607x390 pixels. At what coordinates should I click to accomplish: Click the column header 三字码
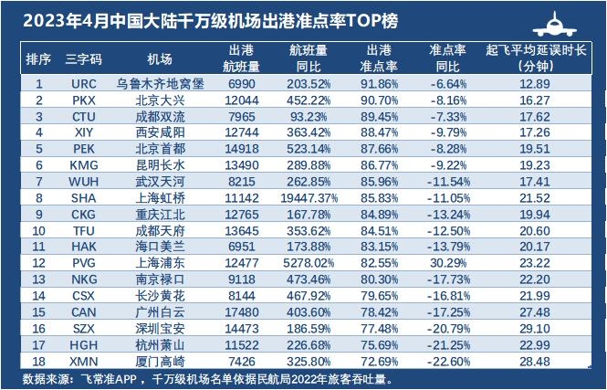coord(85,58)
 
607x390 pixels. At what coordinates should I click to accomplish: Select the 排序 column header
coord(37,58)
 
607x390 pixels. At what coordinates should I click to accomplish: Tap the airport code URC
coord(84,83)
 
